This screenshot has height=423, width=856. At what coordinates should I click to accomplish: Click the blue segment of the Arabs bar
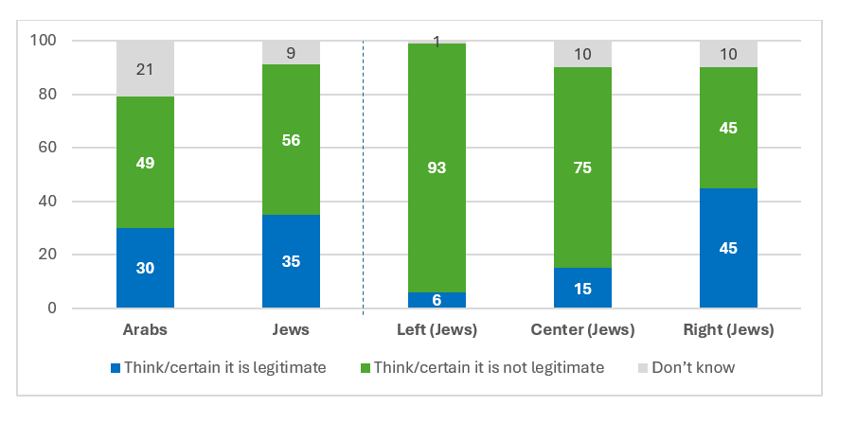click(x=145, y=268)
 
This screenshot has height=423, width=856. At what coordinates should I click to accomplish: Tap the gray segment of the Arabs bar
click(x=145, y=68)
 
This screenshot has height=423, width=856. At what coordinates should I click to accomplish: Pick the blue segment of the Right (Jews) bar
click(x=728, y=248)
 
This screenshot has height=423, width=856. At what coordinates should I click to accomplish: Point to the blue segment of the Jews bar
click(x=291, y=261)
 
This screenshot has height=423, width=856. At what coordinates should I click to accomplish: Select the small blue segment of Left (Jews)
click(x=437, y=300)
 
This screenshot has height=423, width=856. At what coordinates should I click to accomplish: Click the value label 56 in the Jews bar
click(x=291, y=140)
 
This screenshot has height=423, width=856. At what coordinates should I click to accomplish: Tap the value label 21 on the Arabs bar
click(x=145, y=68)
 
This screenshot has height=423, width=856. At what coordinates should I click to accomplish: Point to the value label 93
click(x=437, y=168)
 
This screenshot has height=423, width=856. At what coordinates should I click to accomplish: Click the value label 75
click(x=582, y=168)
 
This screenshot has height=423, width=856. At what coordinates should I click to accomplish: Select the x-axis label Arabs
click(x=145, y=330)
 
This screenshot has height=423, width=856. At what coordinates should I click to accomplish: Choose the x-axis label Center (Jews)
click(x=582, y=330)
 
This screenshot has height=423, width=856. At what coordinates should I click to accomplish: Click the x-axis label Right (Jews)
click(x=728, y=330)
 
